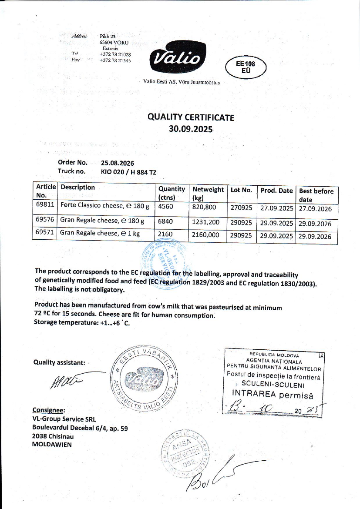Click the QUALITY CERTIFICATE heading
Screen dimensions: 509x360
pos(191,117)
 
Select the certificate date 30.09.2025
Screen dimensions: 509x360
pos(191,129)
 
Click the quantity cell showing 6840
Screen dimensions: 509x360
pos(165,221)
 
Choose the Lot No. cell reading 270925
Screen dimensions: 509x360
pos(241,208)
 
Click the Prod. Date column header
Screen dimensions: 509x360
pos(276,191)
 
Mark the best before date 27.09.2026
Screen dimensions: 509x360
pos(315,208)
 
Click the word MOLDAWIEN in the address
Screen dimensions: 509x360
pos(52,445)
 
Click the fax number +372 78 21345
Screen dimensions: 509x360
pos(115,60)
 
